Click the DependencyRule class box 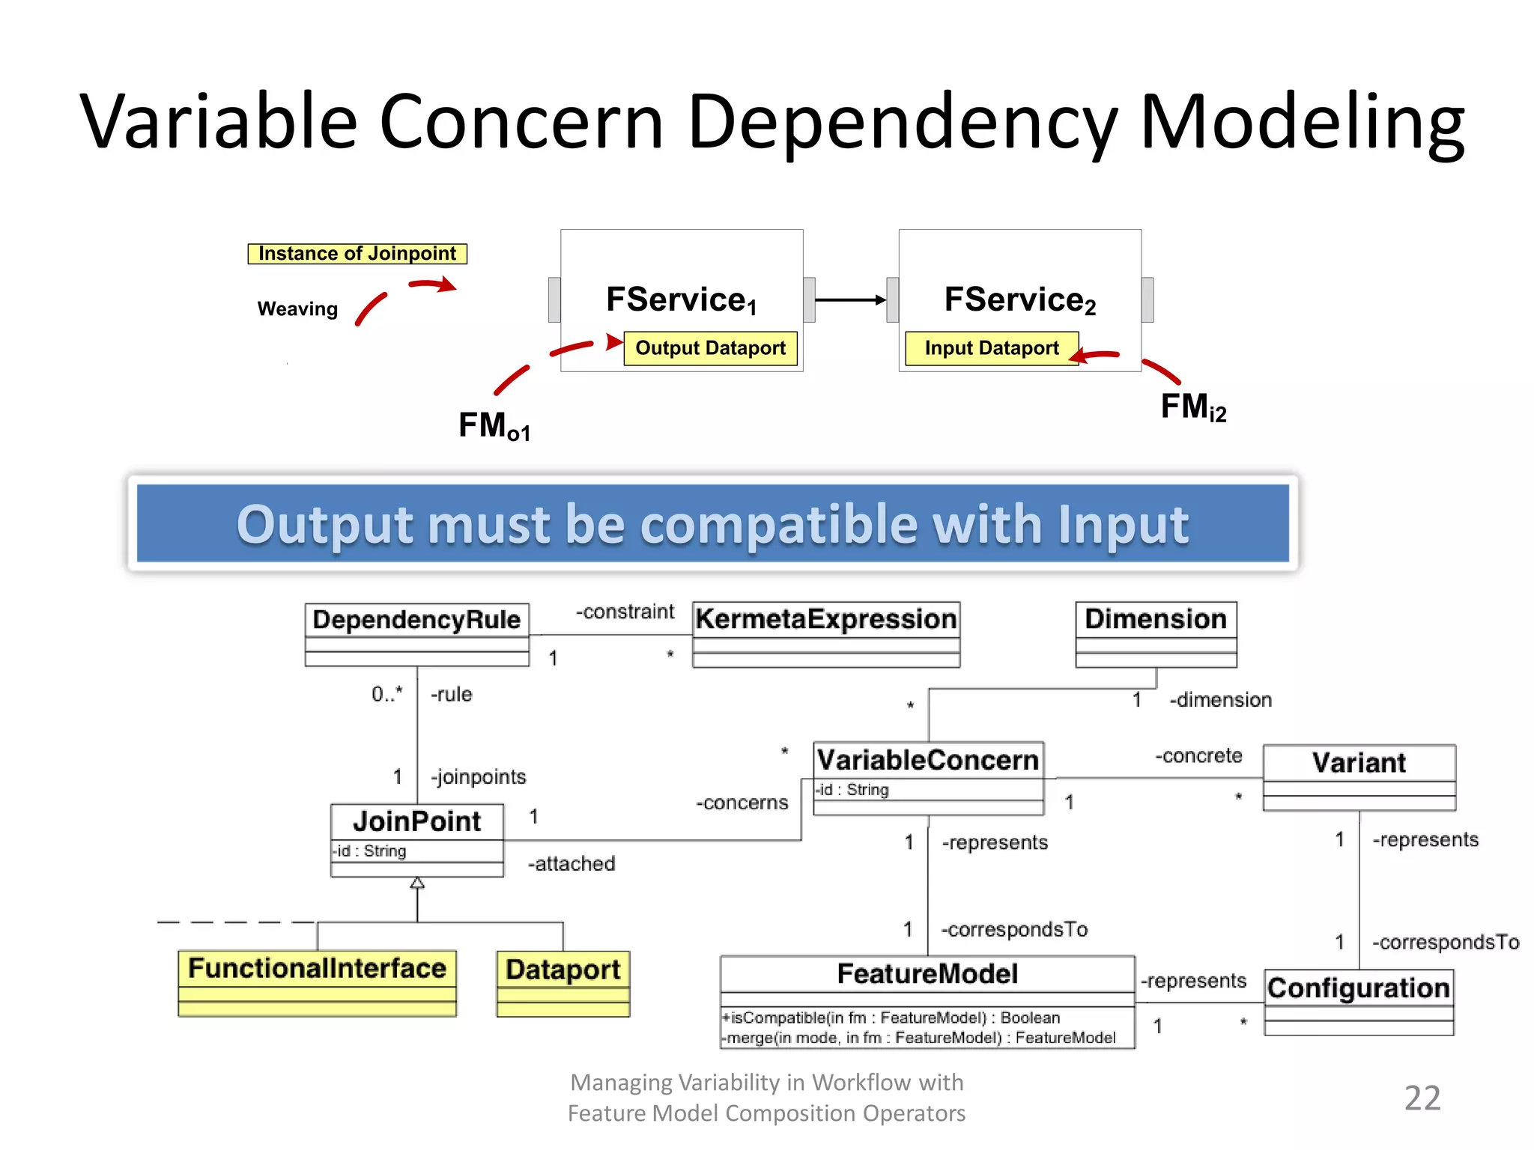(416, 633)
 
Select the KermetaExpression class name (825, 619)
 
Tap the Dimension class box (1156, 633)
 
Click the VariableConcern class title (928, 760)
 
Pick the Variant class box (1359, 776)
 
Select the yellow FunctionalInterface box (317, 982)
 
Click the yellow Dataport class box (563, 983)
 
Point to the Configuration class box (1359, 1002)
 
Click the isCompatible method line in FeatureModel (891, 1017)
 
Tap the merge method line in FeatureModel (918, 1038)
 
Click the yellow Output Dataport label (710, 348)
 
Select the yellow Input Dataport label (991, 348)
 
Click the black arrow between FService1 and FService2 (850, 300)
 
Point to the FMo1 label (494, 426)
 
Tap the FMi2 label (1193, 407)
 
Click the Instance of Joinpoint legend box (357, 254)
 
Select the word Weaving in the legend (297, 308)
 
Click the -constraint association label (625, 612)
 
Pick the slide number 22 (1422, 1098)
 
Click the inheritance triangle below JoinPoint (417, 883)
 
